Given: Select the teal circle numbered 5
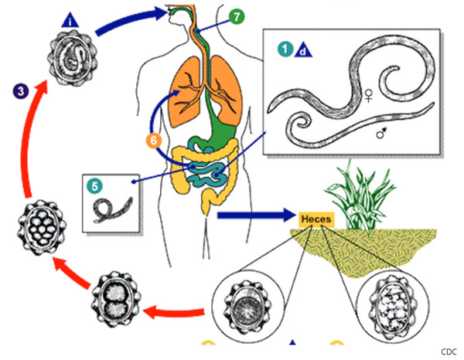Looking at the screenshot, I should point(94,185).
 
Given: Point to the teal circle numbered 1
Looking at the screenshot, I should point(285,51).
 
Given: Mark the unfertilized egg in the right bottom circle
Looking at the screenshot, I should point(394,309).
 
